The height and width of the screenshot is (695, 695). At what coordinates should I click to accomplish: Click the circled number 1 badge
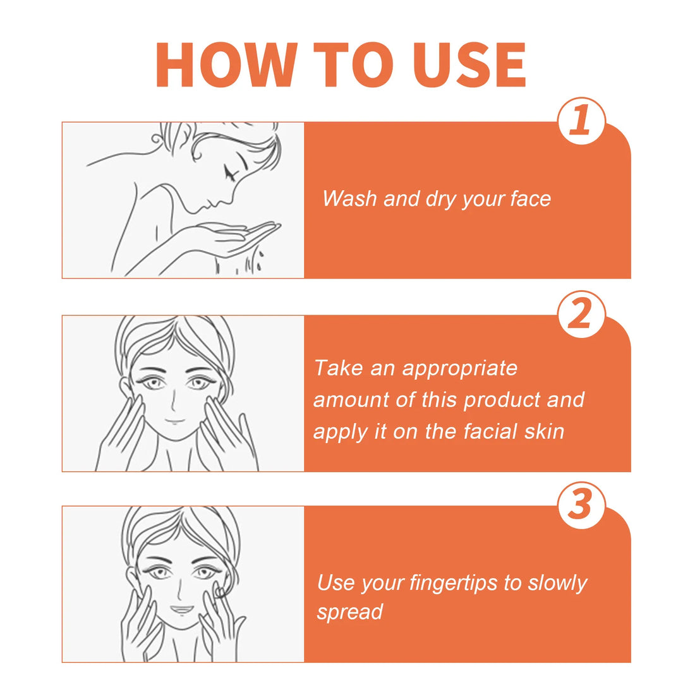581,121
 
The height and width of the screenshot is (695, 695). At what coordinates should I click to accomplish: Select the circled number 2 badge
581,314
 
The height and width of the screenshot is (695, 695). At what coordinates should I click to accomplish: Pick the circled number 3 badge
581,505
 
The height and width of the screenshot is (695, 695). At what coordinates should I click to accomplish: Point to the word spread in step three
350,612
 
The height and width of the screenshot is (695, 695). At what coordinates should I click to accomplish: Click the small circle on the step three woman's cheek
219,592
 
